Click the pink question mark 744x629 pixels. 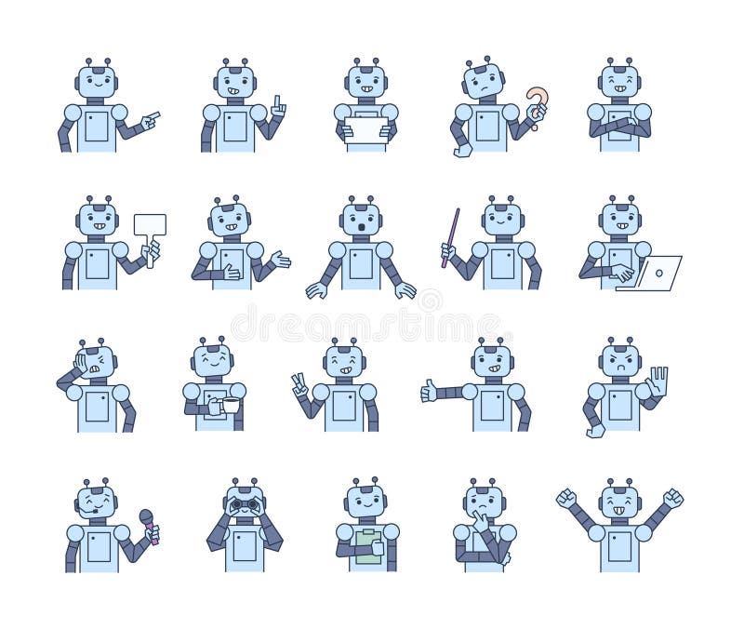(x=537, y=102)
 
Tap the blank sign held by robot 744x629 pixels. (x=149, y=224)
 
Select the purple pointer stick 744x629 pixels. (x=451, y=236)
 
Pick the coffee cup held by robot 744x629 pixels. (x=229, y=406)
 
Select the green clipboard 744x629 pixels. (x=368, y=545)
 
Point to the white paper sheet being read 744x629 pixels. (x=365, y=129)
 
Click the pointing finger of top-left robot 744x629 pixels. (x=151, y=118)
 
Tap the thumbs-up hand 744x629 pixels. (x=429, y=391)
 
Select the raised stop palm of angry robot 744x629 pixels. (x=658, y=381)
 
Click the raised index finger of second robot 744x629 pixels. (x=277, y=105)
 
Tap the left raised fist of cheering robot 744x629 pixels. (x=566, y=498)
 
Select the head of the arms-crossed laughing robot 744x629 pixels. (x=618, y=82)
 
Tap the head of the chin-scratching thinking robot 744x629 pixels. (x=485, y=503)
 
